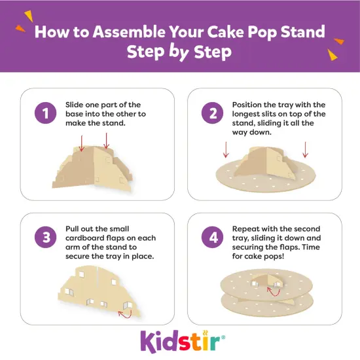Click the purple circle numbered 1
45,114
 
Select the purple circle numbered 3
45,237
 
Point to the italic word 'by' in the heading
179,52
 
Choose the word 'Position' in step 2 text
249,105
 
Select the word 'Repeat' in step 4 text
247,228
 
